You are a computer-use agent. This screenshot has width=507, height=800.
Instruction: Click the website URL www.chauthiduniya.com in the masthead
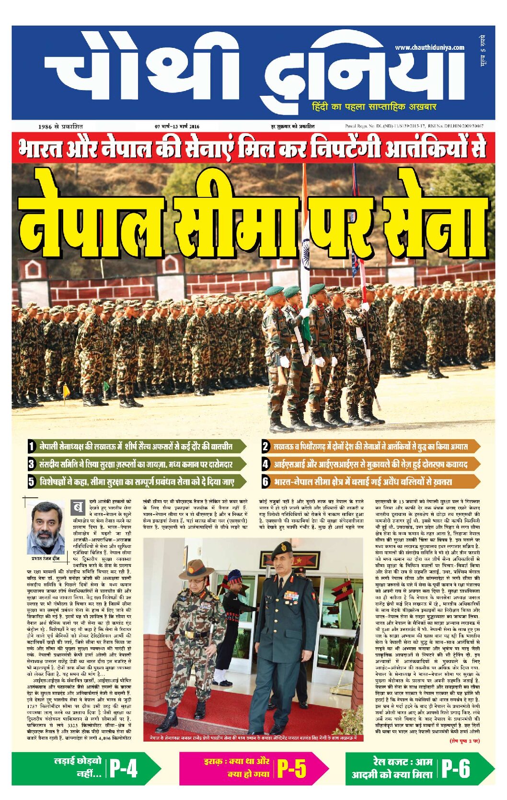(x=429, y=47)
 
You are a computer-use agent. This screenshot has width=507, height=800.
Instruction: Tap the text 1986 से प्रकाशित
(x=60, y=126)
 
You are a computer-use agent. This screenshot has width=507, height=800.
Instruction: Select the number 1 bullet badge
(x=32, y=446)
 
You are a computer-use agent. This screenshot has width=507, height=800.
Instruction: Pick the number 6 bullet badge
(x=265, y=481)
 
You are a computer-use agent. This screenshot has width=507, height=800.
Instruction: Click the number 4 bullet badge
(x=265, y=464)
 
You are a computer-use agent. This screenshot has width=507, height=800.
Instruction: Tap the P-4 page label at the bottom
(x=123, y=768)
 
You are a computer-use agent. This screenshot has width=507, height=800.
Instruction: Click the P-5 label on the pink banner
(x=291, y=768)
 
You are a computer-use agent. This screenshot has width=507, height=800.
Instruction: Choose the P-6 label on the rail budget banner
(x=455, y=768)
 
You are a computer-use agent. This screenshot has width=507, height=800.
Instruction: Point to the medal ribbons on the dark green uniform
(x=291, y=595)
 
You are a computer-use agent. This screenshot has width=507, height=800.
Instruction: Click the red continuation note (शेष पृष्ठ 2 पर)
(x=464, y=741)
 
